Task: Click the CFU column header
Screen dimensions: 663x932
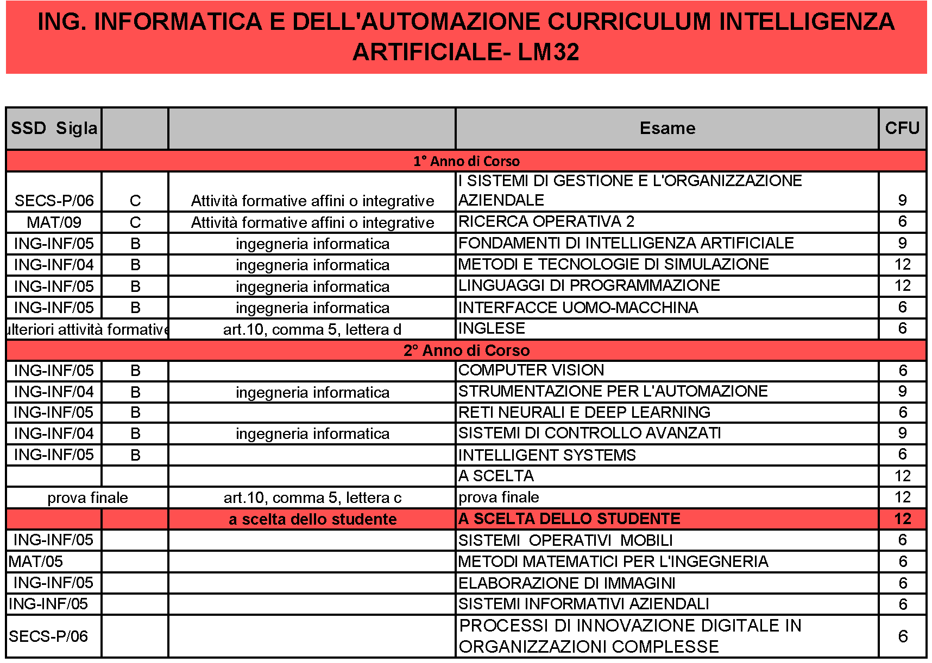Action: click(902, 128)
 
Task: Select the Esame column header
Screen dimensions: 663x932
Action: click(667, 128)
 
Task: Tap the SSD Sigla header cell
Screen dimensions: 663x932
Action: click(54, 128)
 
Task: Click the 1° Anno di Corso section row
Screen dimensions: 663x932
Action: click(466, 161)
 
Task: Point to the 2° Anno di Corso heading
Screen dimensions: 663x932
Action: click(466, 350)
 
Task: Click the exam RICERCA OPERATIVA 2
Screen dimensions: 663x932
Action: click(546, 221)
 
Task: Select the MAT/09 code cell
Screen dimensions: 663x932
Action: click(54, 222)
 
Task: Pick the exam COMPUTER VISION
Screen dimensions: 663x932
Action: click(531, 370)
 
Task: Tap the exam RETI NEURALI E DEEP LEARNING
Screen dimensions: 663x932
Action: click(584, 412)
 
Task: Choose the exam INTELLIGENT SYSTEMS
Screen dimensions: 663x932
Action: click(547, 455)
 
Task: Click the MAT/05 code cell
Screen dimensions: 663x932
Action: click(36, 562)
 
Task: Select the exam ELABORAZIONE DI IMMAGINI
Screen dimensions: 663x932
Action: click(566, 583)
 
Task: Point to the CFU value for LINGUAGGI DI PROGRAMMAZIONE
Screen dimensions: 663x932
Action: click(902, 285)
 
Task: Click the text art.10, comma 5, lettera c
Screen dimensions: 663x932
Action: click(312, 498)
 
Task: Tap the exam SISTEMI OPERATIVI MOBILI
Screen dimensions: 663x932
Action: click(565, 540)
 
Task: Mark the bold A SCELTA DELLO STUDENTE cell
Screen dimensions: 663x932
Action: click(569, 519)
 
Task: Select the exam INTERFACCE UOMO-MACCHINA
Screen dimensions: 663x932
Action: click(578, 308)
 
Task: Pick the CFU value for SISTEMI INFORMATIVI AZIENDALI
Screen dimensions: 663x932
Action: click(903, 604)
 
